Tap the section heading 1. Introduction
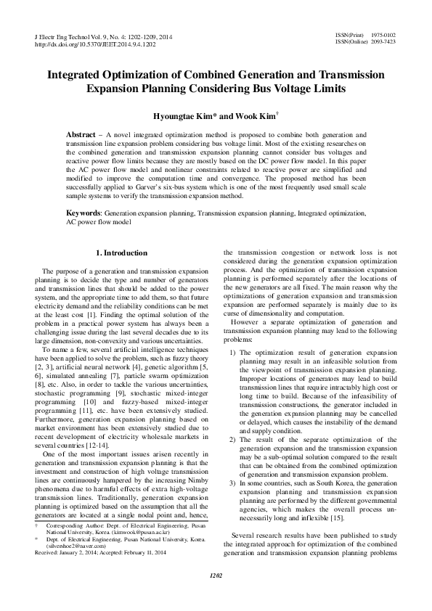click(122, 253)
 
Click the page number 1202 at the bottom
click(216, 596)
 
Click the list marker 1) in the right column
click(232, 353)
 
